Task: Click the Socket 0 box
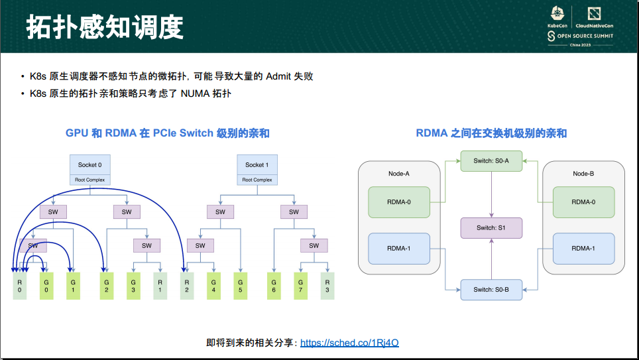pyautogui.click(x=89, y=164)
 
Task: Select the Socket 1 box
pyautogui.click(x=257, y=164)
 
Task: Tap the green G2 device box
pyautogui.click(x=107, y=285)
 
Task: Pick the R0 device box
pyautogui.click(x=20, y=285)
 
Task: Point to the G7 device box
pyautogui.click(x=300, y=285)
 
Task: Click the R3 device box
pyautogui.click(x=326, y=285)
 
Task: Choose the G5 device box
pyautogui.click(x=239, y=285)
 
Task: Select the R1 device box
pyautogui.click(x=160, y=285)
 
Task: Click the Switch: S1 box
pyautogui.click(x=491, y=228)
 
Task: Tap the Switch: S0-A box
pyautogui.click(x=491, y=160)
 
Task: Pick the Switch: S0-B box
pyautogui.click(x=491, y=289)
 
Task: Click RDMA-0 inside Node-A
pyautogui.click(x=399, y=202)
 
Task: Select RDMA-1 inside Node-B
pyautogui.click(x=583, y=249)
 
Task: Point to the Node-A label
pyautogui.click(x=399, y=174)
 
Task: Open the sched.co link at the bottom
pyautogui.click(x=349, y=343)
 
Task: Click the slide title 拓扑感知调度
pyautogui.click(x=104, y=27)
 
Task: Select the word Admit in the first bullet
pyautogui.click(x=278, y=76)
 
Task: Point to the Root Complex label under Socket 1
pyautogui.click(x=257, y=180)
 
